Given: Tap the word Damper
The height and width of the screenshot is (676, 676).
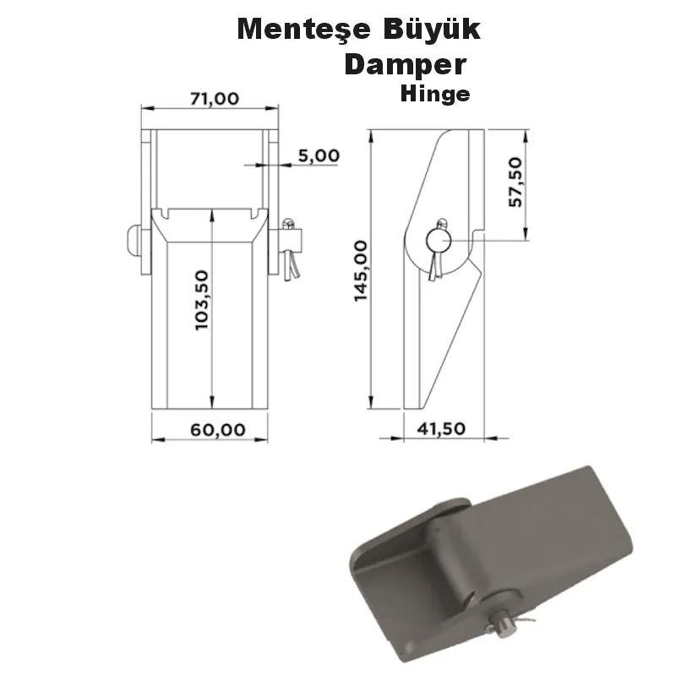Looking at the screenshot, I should click(405, 65).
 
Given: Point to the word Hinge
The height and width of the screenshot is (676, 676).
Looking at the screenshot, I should click(435, 94).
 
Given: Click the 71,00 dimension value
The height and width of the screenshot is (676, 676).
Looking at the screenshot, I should click(214, 98).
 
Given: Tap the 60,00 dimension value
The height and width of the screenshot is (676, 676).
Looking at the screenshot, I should click(217, 429).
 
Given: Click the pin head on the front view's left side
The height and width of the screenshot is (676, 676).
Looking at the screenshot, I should click(131, 241).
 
